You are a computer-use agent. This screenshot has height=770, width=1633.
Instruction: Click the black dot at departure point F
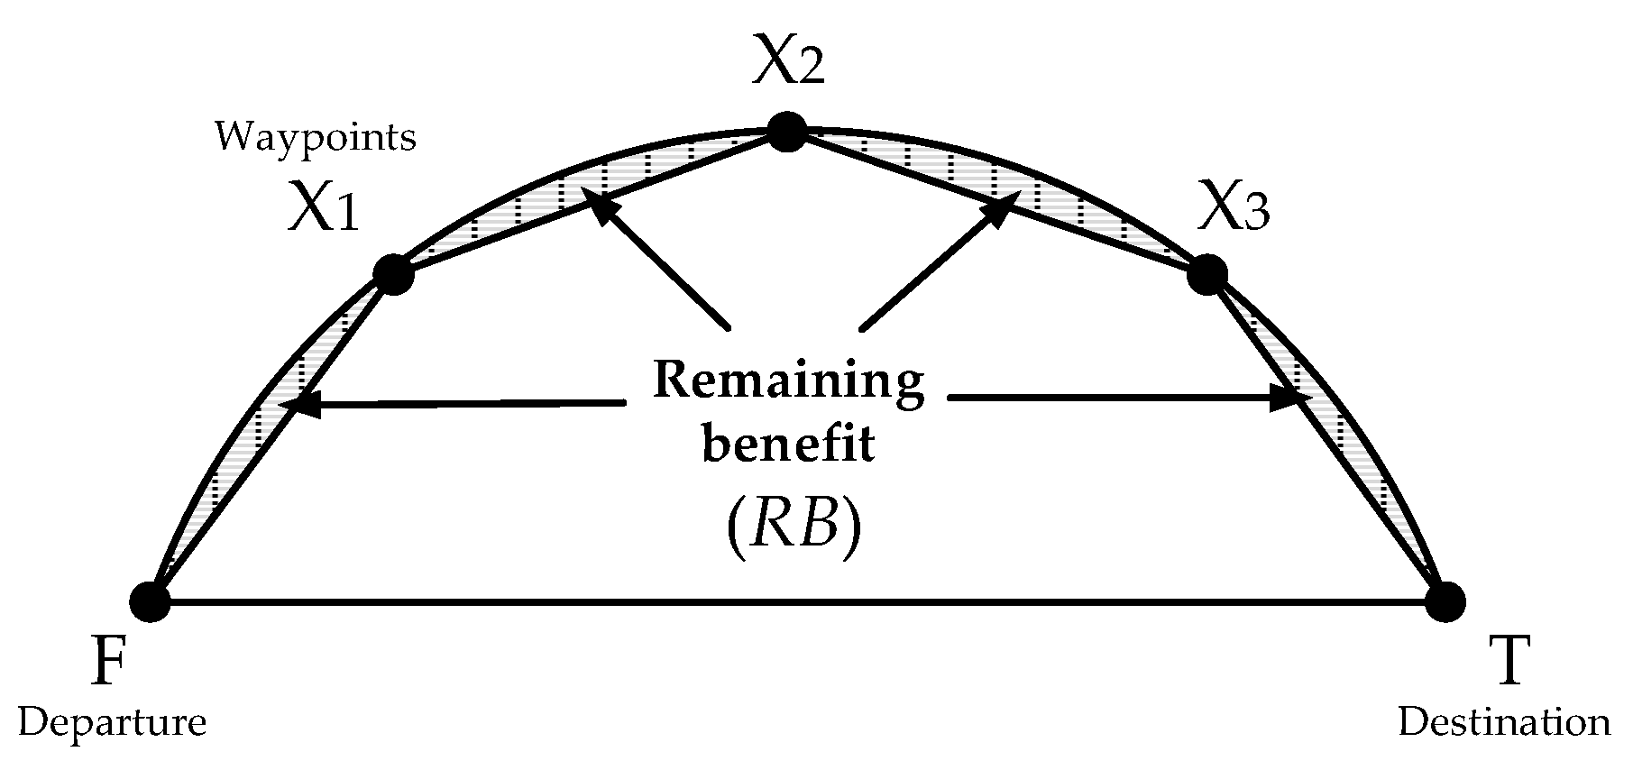click(151, 601)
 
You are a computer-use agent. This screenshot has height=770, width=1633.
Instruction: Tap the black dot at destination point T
click(1445, 601)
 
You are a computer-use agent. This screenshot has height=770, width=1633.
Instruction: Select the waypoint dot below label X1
click(393, 274)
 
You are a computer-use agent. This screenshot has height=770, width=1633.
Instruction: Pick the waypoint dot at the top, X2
click(787, 133)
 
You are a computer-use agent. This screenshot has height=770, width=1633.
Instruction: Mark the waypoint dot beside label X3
click(1206, 274)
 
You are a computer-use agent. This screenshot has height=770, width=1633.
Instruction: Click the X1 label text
click(324, 210)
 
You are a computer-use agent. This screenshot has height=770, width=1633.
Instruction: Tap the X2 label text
click(789, 62)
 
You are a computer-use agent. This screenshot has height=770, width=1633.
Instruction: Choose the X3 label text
click(1234, 210)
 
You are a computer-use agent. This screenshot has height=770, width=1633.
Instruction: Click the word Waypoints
click(315, 138)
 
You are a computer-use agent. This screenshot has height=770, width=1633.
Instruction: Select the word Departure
click(112, 723)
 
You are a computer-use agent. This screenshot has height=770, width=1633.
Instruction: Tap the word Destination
click(1503, 723)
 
